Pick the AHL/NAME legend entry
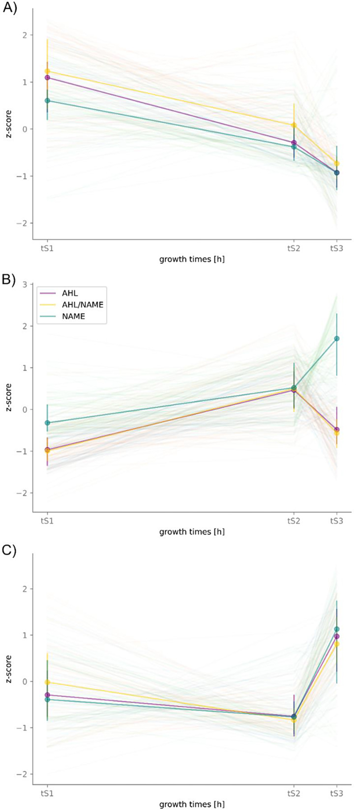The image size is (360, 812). coord(82,305)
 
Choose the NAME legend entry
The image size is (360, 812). coord(73,316)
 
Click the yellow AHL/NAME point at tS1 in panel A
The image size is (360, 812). coord(47,71)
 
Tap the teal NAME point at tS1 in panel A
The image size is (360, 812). coord(47,100)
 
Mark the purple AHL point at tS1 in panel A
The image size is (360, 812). coord(47,78)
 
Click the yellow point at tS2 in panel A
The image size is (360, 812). coord(294,125)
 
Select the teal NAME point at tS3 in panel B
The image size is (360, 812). coord(337,339)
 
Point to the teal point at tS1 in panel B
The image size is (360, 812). coord(47,423)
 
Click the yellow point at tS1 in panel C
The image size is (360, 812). coord(47,682)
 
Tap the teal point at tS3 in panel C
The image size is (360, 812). coord(337,629)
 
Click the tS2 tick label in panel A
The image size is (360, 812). coord(294,249)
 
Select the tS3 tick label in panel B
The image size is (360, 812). coord(336,521)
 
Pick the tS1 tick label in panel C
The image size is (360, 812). coord(47,793)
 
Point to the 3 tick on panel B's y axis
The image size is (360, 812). coord(25,284)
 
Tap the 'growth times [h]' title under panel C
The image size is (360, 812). coord(192,804)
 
